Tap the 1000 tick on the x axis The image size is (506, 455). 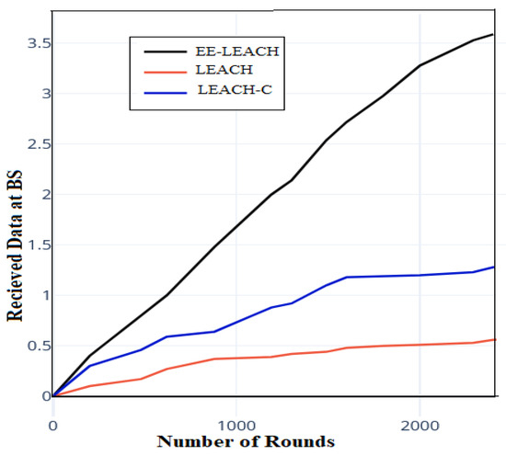pos(236,427)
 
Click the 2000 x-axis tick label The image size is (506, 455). pos(420,427)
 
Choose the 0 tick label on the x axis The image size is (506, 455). pos(53,427)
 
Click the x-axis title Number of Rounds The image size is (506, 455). pos(245,443)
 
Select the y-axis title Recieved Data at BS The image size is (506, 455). pos(16,226)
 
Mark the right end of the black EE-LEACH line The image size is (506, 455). pos(494,34)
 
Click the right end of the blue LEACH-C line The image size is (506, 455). pos(494,267)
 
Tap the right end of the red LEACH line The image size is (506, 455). pos(494,339)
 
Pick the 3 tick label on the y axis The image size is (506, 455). pos(39,94)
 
